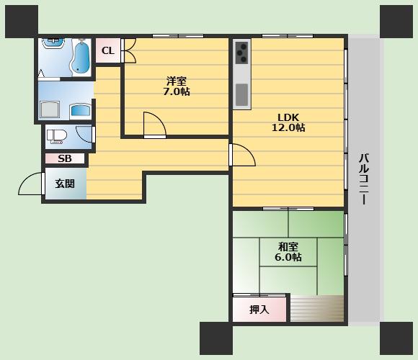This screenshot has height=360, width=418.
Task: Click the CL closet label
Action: [108, 50]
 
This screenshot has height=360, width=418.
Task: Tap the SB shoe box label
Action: [65, 158]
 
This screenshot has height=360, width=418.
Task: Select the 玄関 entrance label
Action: [65, 184]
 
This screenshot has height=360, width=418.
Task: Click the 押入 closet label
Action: [259, 310]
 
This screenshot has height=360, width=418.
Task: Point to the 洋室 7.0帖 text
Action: [177, 86]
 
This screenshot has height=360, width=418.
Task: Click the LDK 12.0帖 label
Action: [288, 122]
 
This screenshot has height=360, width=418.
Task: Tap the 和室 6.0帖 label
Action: [288, 252]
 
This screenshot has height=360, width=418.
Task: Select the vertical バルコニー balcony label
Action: [364, 179]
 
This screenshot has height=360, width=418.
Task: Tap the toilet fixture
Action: [55, 137]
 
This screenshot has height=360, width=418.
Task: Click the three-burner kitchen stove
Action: [241, 53]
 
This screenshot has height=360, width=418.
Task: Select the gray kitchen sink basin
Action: [241, 94]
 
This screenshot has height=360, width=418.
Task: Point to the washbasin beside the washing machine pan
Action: [81, 111]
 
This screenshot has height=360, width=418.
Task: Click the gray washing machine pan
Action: [49, 109]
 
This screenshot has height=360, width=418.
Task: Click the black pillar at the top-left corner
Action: [22, 22]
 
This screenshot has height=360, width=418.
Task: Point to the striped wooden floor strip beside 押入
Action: [316, 308]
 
